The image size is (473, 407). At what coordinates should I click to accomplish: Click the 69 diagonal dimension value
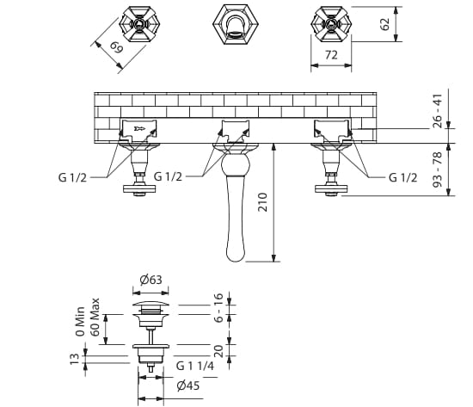click(117, 47)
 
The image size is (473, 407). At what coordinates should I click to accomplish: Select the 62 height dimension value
click(384, 24)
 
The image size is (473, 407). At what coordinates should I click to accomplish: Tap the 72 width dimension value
click(331, 55)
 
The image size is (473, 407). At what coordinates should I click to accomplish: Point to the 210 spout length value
click(263, 202)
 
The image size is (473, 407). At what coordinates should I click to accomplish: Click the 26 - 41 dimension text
click(437, 111)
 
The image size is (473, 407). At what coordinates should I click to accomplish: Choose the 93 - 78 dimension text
click(437, 170)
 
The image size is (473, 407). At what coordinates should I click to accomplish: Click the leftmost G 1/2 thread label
click(72, 177)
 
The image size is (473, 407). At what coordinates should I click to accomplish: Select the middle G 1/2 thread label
click(168, 176)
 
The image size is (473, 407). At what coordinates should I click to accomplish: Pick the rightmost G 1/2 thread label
click(403, 177)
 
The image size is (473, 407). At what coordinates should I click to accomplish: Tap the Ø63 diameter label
click(150, 280)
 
